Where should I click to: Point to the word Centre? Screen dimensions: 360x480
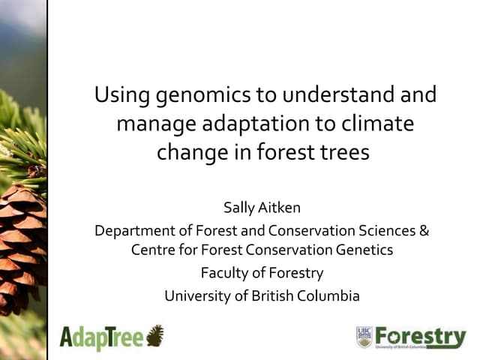[154, 250]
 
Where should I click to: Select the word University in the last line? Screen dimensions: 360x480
[196, 295]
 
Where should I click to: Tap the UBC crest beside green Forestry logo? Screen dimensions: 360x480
[364, 337]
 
